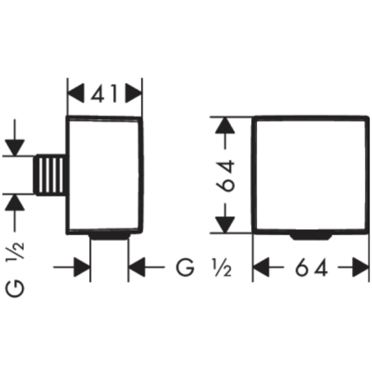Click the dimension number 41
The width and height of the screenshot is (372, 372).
pos(104,93)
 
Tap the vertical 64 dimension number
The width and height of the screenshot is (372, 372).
pos(225,176)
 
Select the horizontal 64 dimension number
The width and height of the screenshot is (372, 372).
pos(311,267)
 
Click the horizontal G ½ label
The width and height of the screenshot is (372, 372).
pos(204,267)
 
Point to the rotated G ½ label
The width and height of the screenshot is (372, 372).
pos(15,269)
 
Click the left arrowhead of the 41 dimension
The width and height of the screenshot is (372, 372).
pos(76,93)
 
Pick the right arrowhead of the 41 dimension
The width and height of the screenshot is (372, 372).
pos(133,93)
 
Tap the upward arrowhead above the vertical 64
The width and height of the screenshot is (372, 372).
pos(225,125)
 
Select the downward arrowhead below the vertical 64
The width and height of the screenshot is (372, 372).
pos(225,225)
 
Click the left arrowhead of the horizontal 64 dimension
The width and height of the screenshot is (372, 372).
pos(261,267)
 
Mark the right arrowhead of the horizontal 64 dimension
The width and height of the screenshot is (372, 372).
pos(361,267)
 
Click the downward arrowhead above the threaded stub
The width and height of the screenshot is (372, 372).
pos(15,148)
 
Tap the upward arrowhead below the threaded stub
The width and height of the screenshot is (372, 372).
pos(15,202)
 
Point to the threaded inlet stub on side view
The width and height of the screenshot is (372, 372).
pos(49,175)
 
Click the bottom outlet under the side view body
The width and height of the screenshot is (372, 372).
pos(109,236)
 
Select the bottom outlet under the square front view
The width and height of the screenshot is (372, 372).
pos(311,237)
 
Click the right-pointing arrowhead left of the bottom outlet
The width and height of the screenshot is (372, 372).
pos(82,267)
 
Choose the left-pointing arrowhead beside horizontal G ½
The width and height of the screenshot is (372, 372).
pos(137,267)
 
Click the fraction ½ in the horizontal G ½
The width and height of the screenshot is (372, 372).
pos(222,268)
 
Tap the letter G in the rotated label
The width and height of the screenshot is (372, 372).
pos(15,289)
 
